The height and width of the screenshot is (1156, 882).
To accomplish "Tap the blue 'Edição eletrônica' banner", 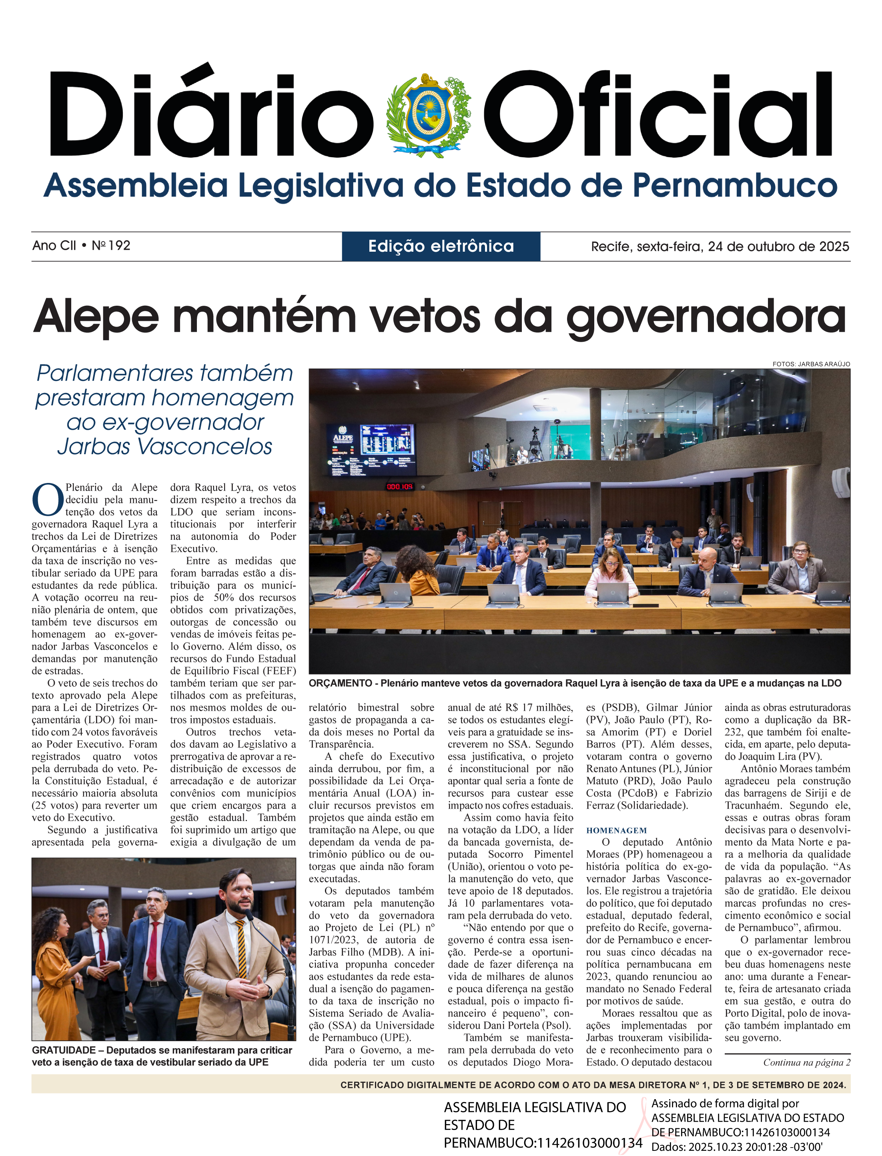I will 441,246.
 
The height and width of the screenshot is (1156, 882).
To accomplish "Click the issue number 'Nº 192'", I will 111,246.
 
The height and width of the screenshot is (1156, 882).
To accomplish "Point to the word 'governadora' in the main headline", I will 706,317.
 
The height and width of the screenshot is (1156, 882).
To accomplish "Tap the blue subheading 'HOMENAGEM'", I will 616,831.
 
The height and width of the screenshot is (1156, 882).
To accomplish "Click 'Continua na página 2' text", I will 806,1062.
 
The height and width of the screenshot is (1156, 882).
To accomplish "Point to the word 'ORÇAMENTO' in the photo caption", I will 340,683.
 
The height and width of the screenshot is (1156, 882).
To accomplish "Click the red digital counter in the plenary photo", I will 399,487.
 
